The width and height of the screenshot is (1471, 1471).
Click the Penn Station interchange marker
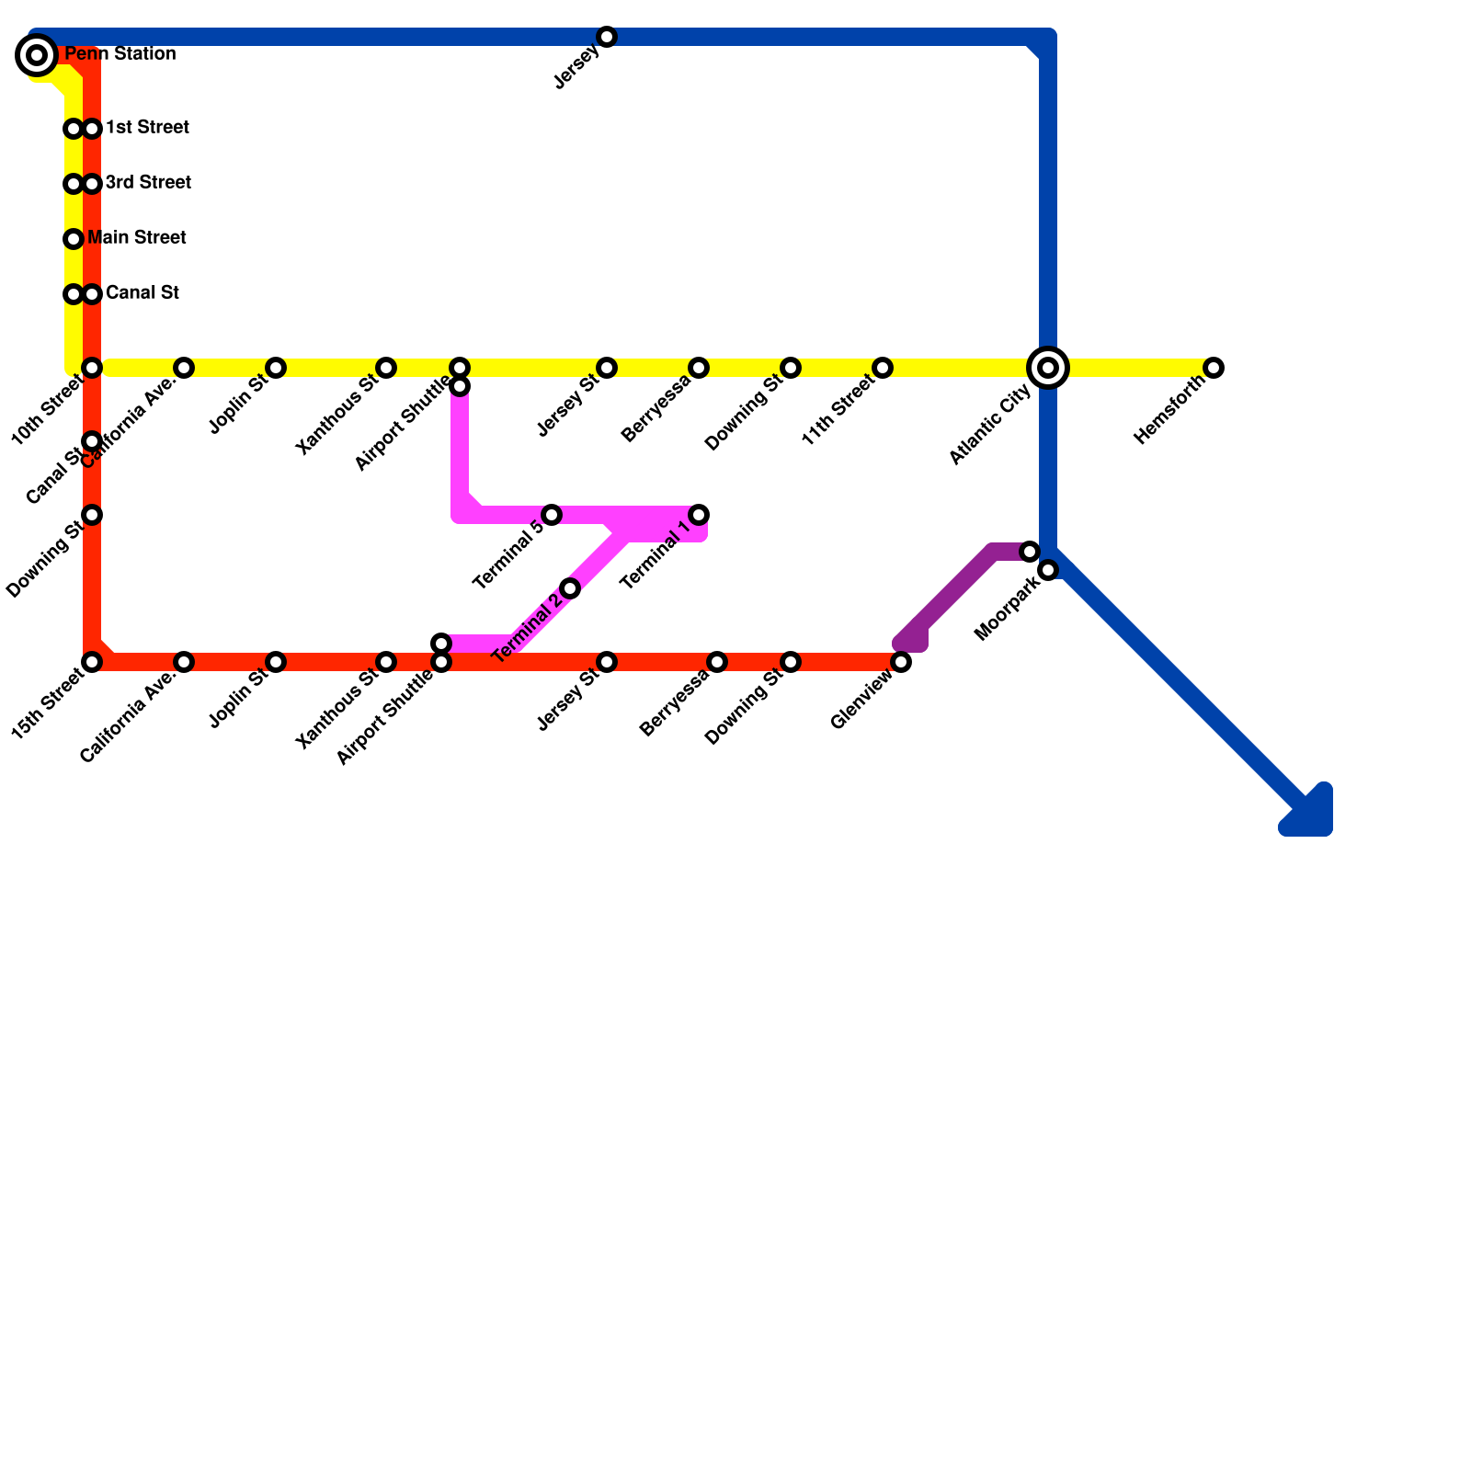pos(37,55)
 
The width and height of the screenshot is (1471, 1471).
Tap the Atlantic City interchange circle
pos(1048,368)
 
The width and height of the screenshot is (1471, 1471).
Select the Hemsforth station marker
pos(1214,368)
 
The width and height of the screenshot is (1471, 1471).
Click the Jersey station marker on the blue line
pos(607,37)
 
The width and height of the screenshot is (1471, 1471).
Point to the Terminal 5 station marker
pos(552,515)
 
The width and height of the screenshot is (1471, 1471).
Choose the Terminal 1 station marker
pos(699,515)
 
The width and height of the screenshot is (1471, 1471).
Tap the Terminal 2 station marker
pos(570,588)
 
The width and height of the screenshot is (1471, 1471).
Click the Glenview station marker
pos(901,662)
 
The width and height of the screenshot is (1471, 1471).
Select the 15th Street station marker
pos(92,662)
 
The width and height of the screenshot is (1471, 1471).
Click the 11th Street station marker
pos(883,368)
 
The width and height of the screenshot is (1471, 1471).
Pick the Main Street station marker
pos(74,239)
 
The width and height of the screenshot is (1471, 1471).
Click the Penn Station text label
pos(120,54)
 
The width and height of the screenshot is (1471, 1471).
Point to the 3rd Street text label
pos(148,183)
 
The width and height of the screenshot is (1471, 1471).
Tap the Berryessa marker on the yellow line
pos(699,368)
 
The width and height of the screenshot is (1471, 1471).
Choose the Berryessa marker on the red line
pos(717,662)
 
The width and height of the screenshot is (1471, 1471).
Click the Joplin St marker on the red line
pos(276,662)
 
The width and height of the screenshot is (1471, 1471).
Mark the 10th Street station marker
pos(92,368)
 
